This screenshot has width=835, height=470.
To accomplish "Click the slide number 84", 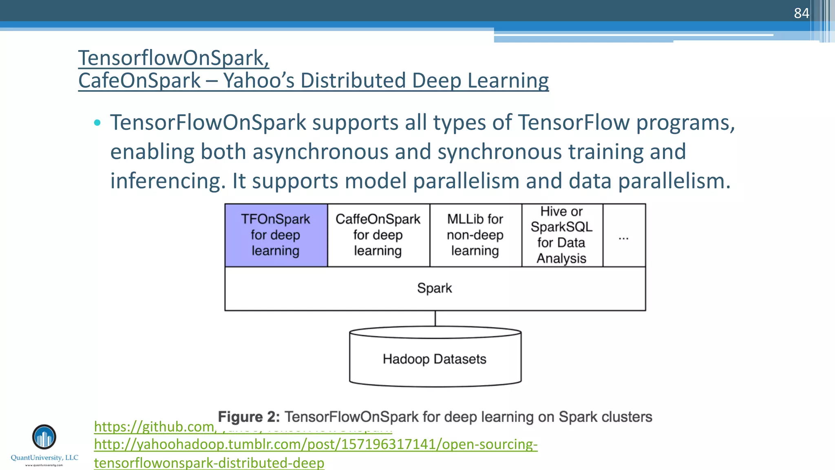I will [x=801, y=13].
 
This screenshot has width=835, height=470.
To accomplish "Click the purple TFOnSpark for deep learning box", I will [x=276, y=235].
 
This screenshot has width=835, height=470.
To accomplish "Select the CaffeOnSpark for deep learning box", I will [x=378, y=235].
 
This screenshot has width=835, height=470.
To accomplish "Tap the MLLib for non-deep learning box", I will [x=475, y=235].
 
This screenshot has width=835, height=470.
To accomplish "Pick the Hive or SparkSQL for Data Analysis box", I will [x=562, y=235].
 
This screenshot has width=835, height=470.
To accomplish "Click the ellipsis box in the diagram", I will [x=624, y=237].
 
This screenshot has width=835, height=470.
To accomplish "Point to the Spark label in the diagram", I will [x=435, y=288].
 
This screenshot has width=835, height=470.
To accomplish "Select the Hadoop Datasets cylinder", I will [x=435, y=359].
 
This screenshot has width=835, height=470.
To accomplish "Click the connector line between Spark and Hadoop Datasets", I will [x=435, y=319].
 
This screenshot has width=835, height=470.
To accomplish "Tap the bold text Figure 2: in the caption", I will [x=249, y=417].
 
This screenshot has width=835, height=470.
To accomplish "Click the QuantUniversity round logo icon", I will [x=44, y=437].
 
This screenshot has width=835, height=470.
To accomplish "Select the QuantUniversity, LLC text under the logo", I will [x=44, y=458].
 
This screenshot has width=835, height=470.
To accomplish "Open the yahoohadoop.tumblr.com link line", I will [x=316, y=444].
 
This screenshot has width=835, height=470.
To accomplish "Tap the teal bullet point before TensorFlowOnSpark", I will [x=97, y=123].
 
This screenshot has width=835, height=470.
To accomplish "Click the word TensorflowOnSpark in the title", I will [x=173, y=58].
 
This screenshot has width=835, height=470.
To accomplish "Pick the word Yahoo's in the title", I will [x=258, y=80].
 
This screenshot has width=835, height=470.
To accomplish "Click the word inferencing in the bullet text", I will [x=168, y=181].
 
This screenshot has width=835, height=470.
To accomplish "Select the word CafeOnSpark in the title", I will [x=139, y=80].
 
